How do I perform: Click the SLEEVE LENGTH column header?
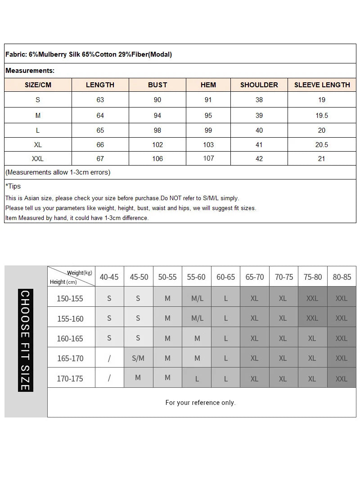click(322, 85)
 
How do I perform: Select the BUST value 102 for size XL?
click(157, 145)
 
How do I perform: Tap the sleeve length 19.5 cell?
click(322, 116)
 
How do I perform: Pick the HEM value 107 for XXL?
click(208, 158)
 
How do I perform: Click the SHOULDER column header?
click(259, 85)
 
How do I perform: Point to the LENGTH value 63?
click(100, 100)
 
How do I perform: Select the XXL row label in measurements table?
click(38, 159)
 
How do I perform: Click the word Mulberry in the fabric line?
click(54, 54)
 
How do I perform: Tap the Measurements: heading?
click(30, 71)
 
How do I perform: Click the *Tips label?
click(13, 186)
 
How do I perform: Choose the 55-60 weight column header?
click(196, 277)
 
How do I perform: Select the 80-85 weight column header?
click(342, 277)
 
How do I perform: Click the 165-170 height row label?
click(70, 359)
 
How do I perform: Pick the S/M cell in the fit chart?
click(138, 359)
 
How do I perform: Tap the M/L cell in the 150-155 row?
click(197, 298)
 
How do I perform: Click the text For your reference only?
click(200, 403)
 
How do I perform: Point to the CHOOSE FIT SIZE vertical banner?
click(25, 341)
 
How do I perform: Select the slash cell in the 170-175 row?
click(109, 378)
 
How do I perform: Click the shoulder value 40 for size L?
click(259, 130)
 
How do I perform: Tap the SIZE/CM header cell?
click(38, 85)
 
